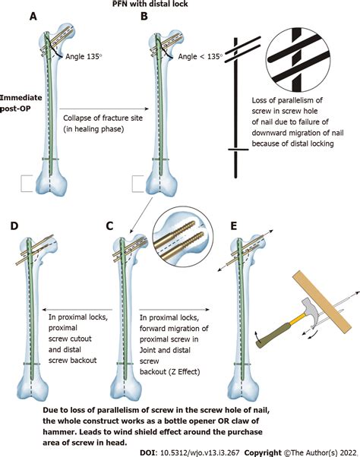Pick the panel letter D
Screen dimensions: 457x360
coord(14,225)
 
